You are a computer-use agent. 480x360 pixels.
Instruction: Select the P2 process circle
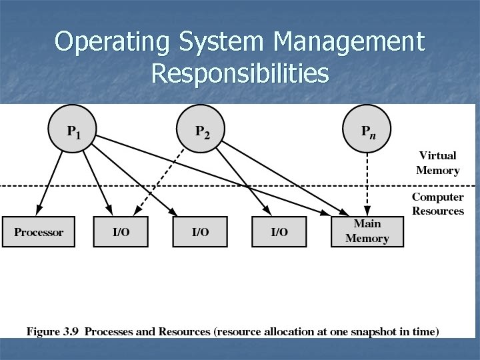pos(202,130)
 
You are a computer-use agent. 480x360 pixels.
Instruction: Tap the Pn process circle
pos(367,130)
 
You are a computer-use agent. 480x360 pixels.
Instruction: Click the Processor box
pos(39,232)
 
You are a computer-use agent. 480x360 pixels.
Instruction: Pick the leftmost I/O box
pos(121,232)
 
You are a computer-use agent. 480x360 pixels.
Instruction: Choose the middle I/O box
pos(200,232)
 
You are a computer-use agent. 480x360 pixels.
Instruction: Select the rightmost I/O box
pos(279,232)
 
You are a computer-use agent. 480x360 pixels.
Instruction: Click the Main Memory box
pos(367,231)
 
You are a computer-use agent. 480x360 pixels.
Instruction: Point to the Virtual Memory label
pos(437,163)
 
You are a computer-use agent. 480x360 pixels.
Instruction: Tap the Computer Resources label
pos(437,204)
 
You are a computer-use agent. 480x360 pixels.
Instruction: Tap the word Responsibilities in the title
pos(240,73)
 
